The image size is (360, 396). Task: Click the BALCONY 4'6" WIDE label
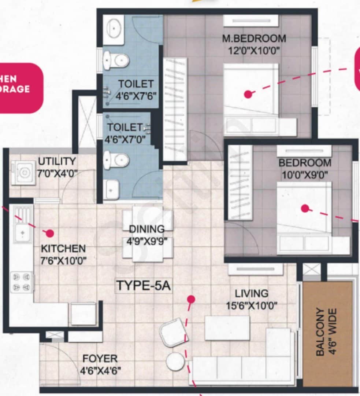click(x=325, y=332)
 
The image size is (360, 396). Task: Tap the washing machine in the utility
click(x=23, y=172)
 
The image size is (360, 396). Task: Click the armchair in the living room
click(x=174, y=332)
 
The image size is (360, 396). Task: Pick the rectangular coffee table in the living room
click(x=227, y=328)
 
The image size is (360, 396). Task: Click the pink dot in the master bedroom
click(x=248, y=94)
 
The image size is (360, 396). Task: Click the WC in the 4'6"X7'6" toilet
click(x=115, y=60)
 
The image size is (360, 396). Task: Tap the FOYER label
click(x=100, y=358)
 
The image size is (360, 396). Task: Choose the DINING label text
click(x=146, y=229)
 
